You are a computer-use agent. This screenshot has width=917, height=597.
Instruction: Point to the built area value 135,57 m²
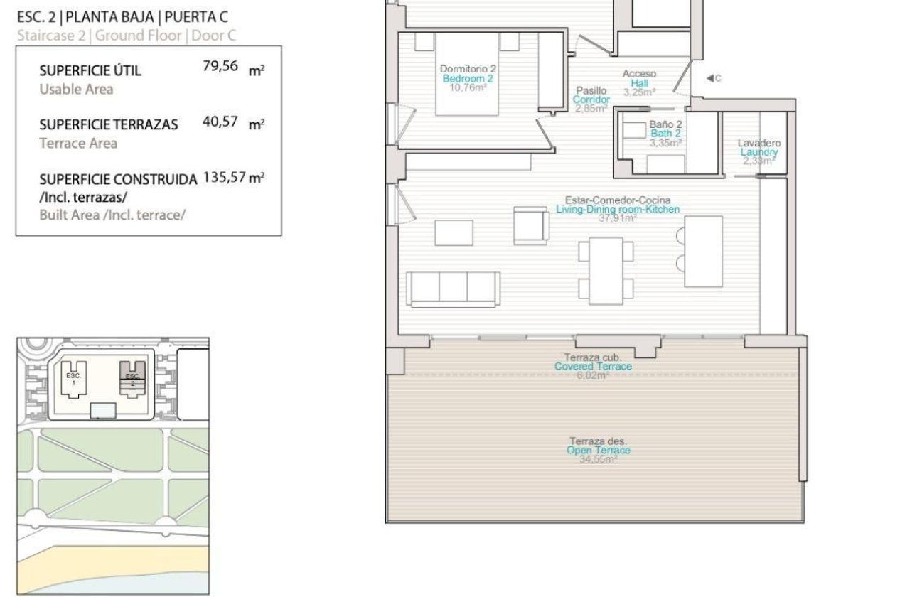[234, 177]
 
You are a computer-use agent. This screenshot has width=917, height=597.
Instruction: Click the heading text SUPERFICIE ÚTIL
[90, 70]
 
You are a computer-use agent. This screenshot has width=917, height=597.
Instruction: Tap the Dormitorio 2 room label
[468, 69]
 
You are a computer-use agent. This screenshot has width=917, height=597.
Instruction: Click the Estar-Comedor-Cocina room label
[617, 200]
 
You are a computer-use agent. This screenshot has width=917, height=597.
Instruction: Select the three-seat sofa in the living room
[453, 289]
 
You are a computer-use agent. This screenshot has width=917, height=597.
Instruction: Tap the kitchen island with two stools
[702, 252]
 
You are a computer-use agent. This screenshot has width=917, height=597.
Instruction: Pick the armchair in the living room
[530, 225]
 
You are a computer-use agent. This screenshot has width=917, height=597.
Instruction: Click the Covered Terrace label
[593, 366]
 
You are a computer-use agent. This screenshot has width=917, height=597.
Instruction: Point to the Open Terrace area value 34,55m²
[598, 459]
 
